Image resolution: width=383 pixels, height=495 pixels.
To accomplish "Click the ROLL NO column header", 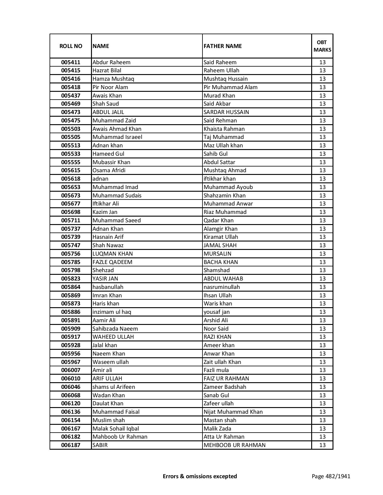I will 71,46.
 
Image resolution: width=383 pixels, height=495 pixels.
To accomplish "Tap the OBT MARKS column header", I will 322,46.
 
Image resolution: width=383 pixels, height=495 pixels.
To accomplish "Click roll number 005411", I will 71,62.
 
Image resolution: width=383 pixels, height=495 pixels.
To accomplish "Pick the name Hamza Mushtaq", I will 113,79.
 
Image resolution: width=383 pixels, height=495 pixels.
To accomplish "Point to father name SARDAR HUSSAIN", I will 226,112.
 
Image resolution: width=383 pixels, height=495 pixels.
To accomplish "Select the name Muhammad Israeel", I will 117,137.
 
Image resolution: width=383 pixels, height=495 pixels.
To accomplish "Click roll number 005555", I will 71,162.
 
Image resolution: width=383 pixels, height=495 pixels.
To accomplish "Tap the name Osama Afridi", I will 109,170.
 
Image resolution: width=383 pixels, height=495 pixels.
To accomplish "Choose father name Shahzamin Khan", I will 224,196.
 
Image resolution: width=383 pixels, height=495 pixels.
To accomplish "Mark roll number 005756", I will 71,254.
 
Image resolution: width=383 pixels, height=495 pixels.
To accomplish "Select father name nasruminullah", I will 222,287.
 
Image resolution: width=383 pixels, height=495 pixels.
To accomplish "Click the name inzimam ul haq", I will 112,312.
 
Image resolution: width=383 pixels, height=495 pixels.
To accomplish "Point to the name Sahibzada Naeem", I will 115,329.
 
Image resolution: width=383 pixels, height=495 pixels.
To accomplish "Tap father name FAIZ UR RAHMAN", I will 226,379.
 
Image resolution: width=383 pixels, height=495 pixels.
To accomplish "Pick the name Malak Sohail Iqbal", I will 116,429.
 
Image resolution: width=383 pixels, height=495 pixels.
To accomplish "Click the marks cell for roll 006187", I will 322,445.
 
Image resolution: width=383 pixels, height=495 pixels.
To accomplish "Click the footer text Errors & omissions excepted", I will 200,476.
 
